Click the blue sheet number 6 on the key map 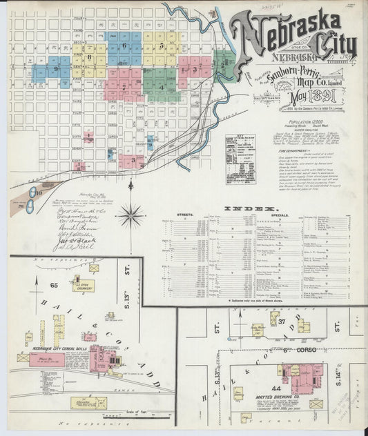(x=124, y=46)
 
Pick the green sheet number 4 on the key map (x=161, y=87)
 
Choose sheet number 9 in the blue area (x=55, y=69)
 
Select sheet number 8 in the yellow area (x=89, y=58)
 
